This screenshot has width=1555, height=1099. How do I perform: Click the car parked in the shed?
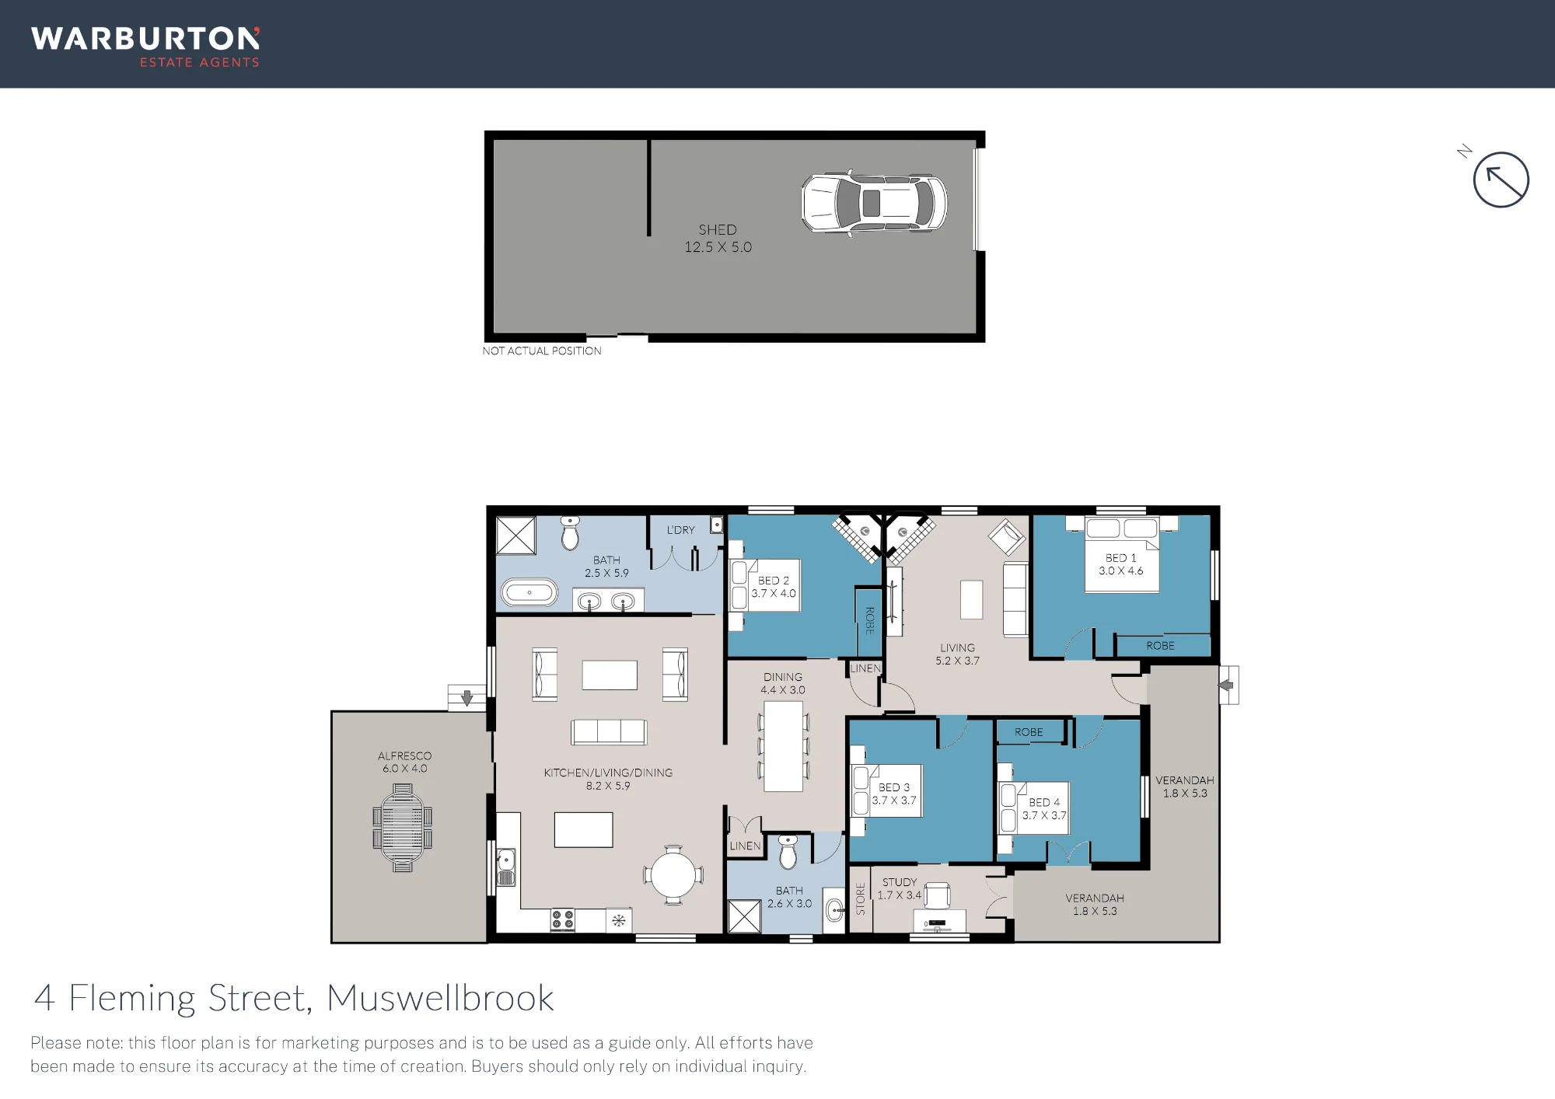(875, 203)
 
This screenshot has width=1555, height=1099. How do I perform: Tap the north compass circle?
(1501, 180)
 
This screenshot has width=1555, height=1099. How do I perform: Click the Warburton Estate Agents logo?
(145, 47)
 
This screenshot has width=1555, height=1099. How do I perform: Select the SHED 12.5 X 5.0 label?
(718, 239)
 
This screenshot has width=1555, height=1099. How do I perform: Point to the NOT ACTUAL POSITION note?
(542, 351)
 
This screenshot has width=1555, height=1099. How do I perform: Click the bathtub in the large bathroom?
(529, 593)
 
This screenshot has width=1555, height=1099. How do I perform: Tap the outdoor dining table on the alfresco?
(403, 828)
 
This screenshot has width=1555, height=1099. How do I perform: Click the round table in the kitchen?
(673, 875)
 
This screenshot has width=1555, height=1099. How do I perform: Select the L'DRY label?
(681, 530)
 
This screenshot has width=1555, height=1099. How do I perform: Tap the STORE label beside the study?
(861, 898)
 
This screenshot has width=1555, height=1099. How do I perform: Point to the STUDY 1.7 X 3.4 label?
(900, 888)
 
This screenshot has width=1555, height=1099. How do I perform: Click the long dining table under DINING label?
(783, 746)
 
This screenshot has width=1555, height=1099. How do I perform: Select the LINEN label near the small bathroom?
(745, 846)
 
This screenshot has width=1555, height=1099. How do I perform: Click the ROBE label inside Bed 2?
(870, 620)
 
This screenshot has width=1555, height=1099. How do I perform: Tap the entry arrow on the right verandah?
(1226, 685)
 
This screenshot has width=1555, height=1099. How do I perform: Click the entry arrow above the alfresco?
(466, 698)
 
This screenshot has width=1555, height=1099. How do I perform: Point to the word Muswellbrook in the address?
(440, 998)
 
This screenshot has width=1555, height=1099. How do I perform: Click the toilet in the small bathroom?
(788, 852)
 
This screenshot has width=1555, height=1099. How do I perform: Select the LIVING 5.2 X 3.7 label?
(957, 654)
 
